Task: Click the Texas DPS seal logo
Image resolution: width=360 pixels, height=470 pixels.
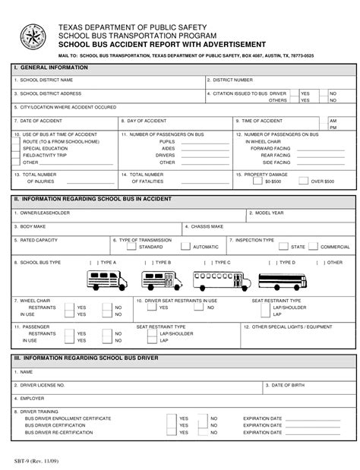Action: (x=33, y=36)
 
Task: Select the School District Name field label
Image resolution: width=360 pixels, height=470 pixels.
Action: (x=45, y=80)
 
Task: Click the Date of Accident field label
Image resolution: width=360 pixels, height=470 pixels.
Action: (x=35, y=121)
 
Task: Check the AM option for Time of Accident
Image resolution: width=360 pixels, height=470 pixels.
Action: (x=333, y=121)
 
